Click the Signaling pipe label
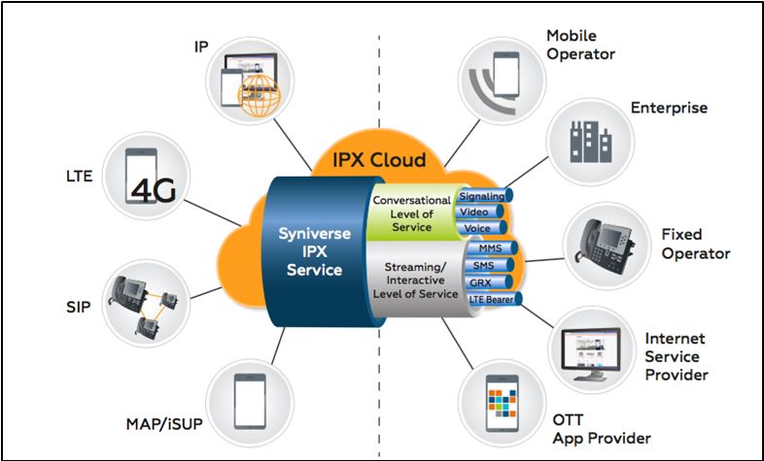pyautogui.click(x=482, y=196)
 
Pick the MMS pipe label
pyautogui.click(x=490, y=248)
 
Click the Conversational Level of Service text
pyautogui.click(x=411, y=214)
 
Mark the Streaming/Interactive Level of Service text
pyautogui.click(x=412, y=279)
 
